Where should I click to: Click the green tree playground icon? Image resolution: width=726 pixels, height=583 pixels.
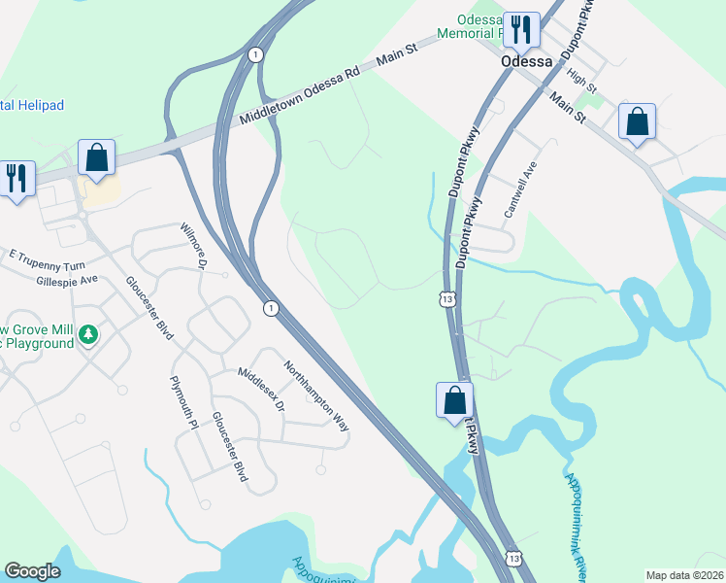(88, 335)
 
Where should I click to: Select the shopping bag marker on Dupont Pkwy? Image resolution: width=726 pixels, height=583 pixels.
(454, 399)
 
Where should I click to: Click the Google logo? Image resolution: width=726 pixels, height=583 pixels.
(33, 571)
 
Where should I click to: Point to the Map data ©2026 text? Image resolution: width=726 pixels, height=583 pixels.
(684, 575)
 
